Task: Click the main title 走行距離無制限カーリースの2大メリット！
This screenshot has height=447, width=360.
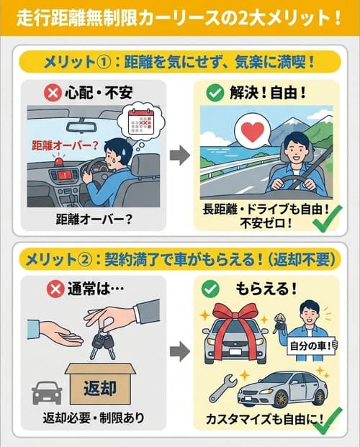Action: click(x=180, y=15)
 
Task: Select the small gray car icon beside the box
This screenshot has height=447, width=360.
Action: click(x=46, y=392)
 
